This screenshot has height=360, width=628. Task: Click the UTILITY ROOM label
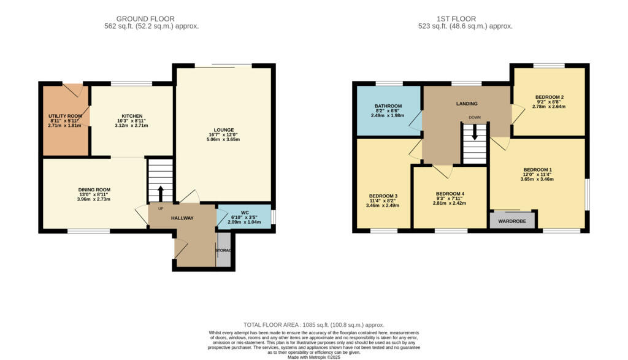65,115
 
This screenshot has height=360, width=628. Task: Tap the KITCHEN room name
132,116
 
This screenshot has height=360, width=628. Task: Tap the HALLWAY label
182,218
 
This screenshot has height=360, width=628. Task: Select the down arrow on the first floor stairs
474,133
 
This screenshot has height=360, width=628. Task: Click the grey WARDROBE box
512,220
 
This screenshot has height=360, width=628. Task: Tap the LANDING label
467,104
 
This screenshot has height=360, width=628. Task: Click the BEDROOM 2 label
549,97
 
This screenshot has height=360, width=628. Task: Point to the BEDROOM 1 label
537,169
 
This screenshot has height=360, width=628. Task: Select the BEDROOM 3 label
383,196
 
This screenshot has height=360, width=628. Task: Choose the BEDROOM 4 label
450,194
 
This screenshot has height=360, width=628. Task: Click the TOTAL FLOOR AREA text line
313,324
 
